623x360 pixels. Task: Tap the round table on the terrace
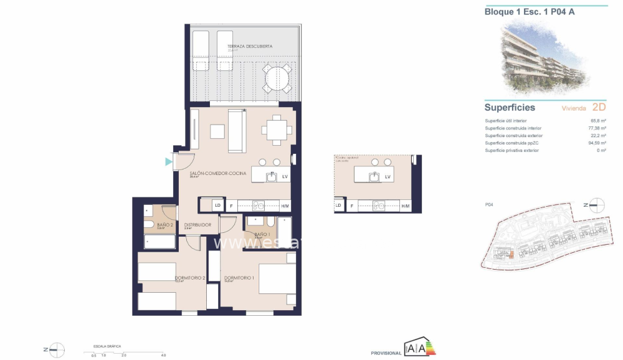point(276,79)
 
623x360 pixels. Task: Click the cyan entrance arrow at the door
point(168,162)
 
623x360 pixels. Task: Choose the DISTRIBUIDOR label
point(198,224)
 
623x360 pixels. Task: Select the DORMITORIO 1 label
point(239,277)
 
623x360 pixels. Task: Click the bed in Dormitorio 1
point(277,278)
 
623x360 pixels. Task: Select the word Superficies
point(510,107)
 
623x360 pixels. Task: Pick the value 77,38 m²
point(597,128)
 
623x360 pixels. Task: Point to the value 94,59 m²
point(597,143)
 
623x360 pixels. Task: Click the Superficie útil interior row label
point(506,121)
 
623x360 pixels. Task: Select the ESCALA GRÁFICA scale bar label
point(107,344)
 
